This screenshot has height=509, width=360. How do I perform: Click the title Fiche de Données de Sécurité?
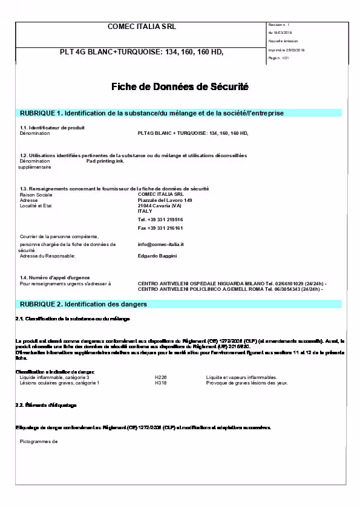(x=180, y=87)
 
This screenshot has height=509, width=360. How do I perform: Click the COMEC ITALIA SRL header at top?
(x=142, y=27)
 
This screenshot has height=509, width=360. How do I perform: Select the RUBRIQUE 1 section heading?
(x=152, y=113)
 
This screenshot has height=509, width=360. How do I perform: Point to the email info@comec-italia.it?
(x=160, y=244)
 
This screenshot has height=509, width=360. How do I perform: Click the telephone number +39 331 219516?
(x=160, y=219)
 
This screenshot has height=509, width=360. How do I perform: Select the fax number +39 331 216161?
(x=160, y=228)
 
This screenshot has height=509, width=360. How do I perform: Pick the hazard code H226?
(x=160, y=377)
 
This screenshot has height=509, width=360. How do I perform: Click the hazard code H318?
(x=160, y=383)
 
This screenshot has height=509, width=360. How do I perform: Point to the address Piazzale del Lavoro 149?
(x=165, y=200)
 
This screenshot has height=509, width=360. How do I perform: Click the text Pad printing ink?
(x=105, y=161)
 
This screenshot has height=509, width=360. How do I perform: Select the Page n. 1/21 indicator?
(x=278, y=57)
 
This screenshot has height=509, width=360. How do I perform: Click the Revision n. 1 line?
(x=280, y=24)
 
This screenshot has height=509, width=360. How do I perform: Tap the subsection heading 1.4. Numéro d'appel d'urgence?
(x=55, y=277)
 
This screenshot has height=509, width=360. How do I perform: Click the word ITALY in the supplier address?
(x=145, y=211)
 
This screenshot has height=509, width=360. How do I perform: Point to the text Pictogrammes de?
(x=38, y=441)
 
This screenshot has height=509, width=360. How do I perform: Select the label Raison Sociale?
(x=36, y=195)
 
